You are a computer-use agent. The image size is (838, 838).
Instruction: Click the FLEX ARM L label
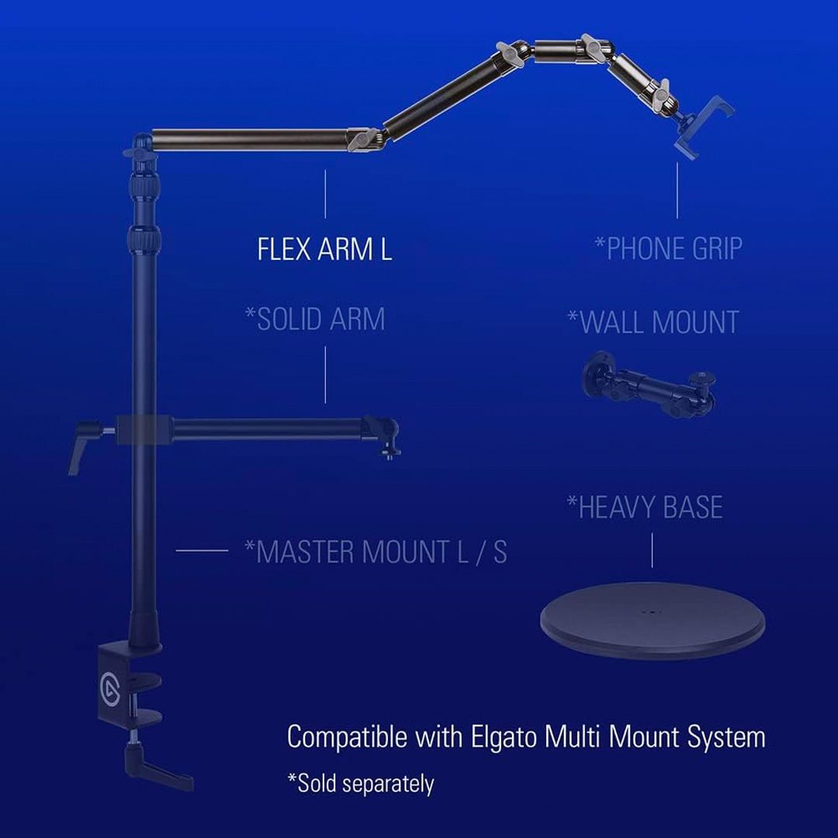click(x=324, y=249)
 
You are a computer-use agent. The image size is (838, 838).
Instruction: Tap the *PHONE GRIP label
click(x=669, y=248)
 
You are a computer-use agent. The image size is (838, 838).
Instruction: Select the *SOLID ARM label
click(x=315, y=319)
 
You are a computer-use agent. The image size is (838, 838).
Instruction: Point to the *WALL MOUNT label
click(x=653, y=322)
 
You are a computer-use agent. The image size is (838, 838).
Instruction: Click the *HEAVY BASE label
click(x=645, y=507)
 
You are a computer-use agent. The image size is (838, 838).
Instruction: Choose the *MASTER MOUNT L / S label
click(x=376, y=552)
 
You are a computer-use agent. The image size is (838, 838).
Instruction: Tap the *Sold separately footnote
click(x=361, y=784)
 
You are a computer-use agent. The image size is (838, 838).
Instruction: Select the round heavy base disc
click(x=653, y=620)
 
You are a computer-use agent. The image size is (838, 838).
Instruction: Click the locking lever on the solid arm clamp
click(x=86, y=444)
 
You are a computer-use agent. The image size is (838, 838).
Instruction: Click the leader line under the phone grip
click(x=677, y=190)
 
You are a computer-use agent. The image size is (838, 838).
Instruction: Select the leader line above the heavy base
click(x=652, y=549)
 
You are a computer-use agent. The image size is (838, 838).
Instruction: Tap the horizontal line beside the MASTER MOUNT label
click(x=202, y=550)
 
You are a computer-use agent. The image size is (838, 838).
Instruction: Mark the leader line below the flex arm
click(x=325, y=194)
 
